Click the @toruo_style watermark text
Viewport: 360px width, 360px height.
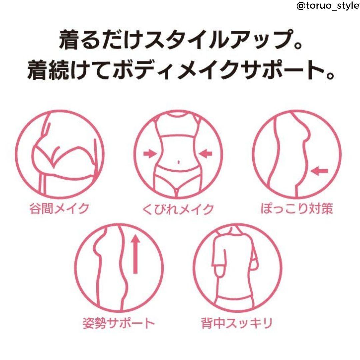click(x=328, y=6)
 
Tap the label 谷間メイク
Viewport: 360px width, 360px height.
click(x=59, y=209)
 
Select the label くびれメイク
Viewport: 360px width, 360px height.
click(x=178, y=209)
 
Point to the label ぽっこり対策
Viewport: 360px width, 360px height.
click(x=297, y=209)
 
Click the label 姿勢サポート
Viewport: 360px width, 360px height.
click(x=118, y=323)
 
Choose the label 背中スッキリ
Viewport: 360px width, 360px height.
click(x=237, y=323)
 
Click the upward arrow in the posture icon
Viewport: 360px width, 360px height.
click(x=135, y=254)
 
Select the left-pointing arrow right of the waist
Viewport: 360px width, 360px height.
click(x=206, y=153)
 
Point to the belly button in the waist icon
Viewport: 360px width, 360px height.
click(x=178, y=162)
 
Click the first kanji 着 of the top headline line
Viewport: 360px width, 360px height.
click(x=70, y=39)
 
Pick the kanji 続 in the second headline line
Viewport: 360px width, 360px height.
click(x=59, y=70)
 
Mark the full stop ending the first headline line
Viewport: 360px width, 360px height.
click(x=298, y=45)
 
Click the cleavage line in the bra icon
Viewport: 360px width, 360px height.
click(x=56, y=156)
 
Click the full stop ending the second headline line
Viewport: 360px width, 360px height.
click(x=330, y=76)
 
